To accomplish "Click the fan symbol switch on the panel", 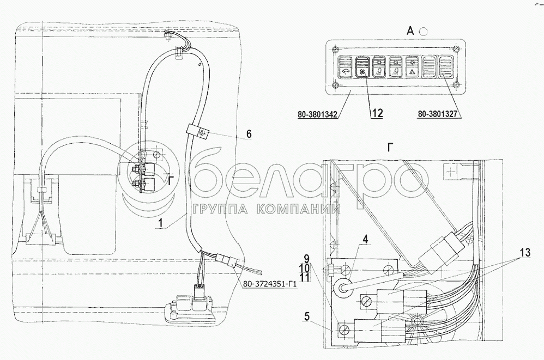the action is (362, 68).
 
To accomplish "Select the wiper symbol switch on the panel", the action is (345, 68).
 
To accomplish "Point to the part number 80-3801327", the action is (437, 113).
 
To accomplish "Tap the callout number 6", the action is (249, 134).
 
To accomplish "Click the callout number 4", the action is (365, 239).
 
